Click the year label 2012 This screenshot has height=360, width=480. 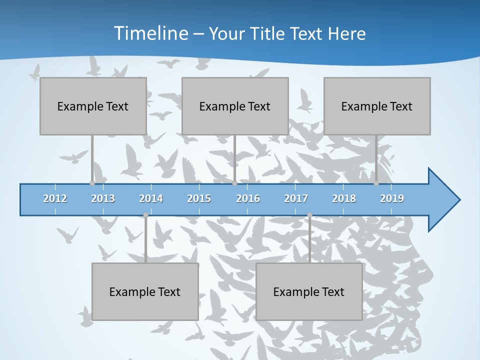click(55, 198)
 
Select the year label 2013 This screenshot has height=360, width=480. click(103, 198)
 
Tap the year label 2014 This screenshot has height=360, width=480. click(151, 198)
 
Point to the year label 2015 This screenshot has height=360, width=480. click(199, 198)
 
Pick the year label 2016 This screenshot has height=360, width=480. click(248, 198)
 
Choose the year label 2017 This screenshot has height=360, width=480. click(296, 198)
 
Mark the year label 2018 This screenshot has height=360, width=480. click(344, 198)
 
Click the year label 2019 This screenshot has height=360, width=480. click(392, 198)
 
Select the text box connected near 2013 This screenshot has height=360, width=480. click(93, 106)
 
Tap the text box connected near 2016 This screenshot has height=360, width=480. click(235, 106)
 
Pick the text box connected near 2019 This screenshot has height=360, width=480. click(377, 106)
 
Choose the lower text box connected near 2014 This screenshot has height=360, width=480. click(145, 291)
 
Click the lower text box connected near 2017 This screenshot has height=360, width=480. click(309, 291)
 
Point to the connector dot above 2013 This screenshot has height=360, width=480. click(92, 183)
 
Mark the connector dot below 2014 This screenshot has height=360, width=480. click(145, 215)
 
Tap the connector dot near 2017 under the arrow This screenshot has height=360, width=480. click(309, 215)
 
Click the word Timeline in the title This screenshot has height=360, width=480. click(150, 33)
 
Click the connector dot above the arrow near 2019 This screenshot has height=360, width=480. click(376, 183)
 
